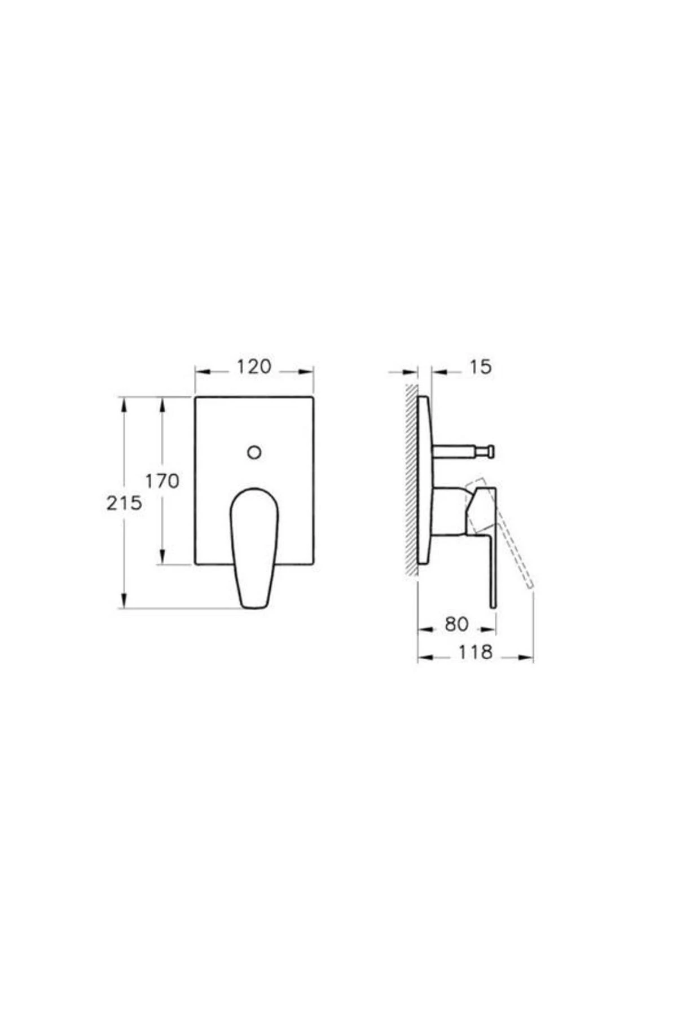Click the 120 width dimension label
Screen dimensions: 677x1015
(x=254, y=367)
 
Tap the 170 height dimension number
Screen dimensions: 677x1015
(x=162, y=481)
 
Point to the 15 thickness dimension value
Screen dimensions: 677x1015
(x=481, y=367)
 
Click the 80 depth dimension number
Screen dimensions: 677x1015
(x=457, y=624)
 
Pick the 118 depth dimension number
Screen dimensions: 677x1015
(x=475, y=652)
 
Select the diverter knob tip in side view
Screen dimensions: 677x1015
(x=491, y=451)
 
